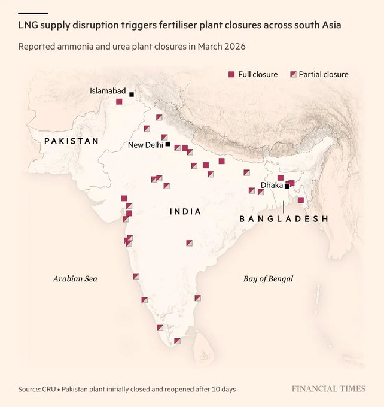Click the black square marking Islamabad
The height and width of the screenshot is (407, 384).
(x=132, y=94)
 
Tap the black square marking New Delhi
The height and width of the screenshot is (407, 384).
(x=168, y=144)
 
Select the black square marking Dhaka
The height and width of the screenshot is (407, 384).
(x=287, y=186)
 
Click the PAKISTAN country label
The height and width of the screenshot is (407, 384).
(x=71, y=141)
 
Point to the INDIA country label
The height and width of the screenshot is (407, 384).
(x=185, y=212)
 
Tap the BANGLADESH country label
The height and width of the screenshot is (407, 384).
(x=284, y=219)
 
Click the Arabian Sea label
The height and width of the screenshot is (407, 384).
(x=75, y=278)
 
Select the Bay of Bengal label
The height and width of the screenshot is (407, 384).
(x=268, y=278)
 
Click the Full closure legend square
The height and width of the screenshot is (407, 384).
(x=231, y=74)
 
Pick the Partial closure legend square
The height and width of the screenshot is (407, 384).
(x=293, y=74)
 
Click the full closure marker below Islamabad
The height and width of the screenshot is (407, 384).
(x=119, y=102)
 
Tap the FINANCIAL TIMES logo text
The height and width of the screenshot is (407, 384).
(x=328, y=389)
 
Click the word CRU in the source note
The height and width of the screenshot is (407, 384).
(x=50, y=389)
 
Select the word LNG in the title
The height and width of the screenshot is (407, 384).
(x=28, y=26)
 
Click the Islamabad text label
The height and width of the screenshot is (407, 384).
(x=108, y=91)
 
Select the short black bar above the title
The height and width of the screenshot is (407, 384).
(x=33, y=13)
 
